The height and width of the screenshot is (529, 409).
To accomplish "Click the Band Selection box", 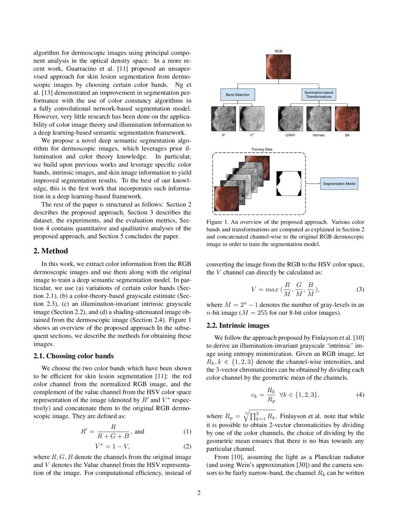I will coord(238,95).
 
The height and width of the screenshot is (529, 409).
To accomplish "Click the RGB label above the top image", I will coord(279,50).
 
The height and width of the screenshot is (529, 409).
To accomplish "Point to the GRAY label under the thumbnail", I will coord(290,136).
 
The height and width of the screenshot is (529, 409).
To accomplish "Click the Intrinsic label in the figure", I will coord(319,136).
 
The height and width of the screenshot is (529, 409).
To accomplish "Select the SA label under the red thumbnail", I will coord(347,136).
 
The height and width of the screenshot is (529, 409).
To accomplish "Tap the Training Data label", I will coord(262,150).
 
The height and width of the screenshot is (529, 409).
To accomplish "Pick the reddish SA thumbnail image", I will coord(347,119).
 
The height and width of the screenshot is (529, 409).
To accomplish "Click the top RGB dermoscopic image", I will coord(279,67).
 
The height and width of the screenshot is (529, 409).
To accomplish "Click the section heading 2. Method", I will coord(51,251).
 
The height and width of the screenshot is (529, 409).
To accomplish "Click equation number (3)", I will coord(360,290).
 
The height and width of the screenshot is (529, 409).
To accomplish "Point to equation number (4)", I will coord(360,395).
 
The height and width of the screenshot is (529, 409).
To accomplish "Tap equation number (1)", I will coord(188,431).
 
